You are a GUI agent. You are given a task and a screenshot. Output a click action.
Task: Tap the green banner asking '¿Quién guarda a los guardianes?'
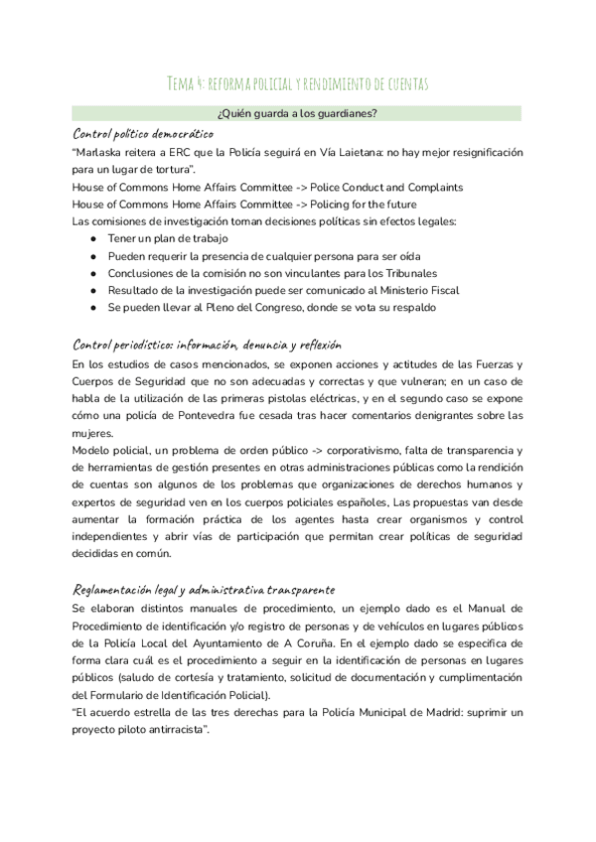[x=297, y=114]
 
